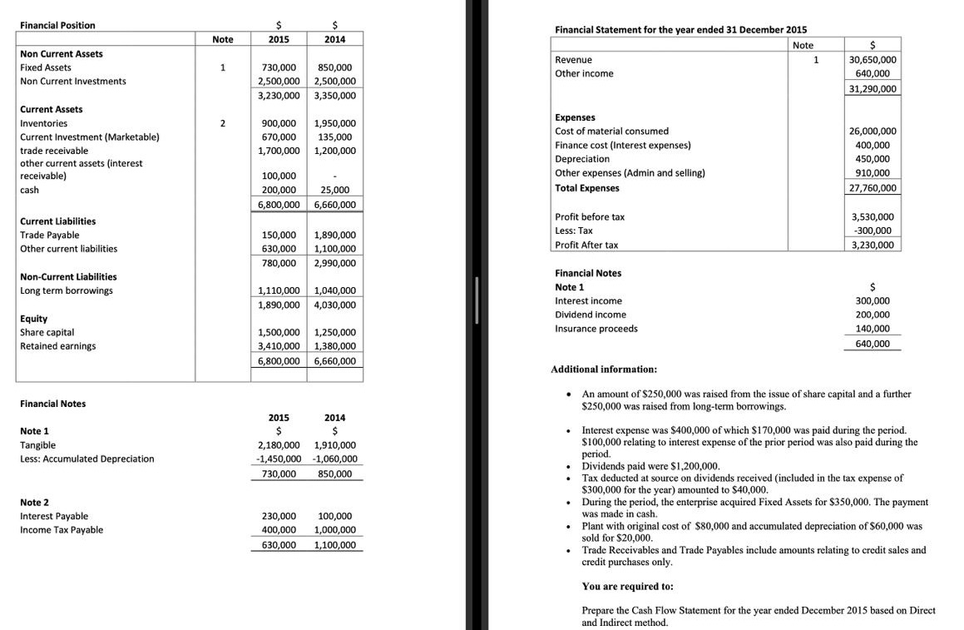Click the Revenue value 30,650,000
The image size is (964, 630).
tap(873, 60)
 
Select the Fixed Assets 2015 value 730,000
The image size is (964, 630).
tap(279, 67)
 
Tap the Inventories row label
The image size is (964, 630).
tap(44, 123)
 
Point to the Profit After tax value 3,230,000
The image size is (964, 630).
tap(873, 245)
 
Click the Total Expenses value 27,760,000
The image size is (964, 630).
tap(873, 188)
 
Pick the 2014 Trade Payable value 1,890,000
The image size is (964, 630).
tap(335, 235)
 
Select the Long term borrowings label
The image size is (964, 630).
tap(67, 290)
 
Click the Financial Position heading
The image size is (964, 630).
tap(57, 25)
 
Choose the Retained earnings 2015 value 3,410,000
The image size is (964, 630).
tap(279, 346)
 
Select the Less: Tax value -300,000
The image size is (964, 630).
tap(873, 231)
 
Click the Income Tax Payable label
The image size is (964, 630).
tap(62, 530)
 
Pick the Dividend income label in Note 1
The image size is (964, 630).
tap(591, 315)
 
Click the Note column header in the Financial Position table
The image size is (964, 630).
tap(223, 39)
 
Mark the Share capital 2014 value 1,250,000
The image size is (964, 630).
tap(335, 332)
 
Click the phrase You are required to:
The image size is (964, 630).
tap(627, 586)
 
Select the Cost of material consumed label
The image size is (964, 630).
tap(611, 131)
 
